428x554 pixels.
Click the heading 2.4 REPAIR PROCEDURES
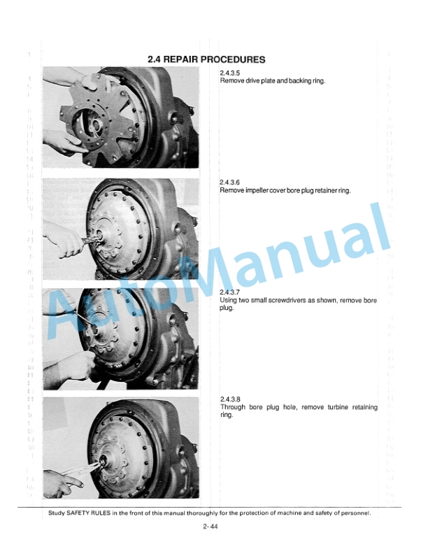(x=206, y=59)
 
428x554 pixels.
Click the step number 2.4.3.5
(x=230, y=73)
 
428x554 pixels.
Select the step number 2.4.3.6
(x=230, y=183)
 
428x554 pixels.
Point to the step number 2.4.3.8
(x=230, y=399)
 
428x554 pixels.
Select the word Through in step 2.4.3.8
(x=233, y=407)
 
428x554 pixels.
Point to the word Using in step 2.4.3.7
(x=229, y=300)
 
